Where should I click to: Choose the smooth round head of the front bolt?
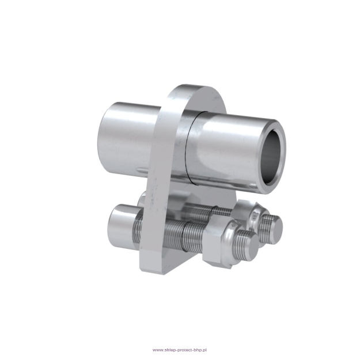tap(121, 222)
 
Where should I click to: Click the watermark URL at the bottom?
tap(179, 350)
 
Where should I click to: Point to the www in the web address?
tap(157, 350)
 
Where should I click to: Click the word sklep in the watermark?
tap(169, 350)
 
